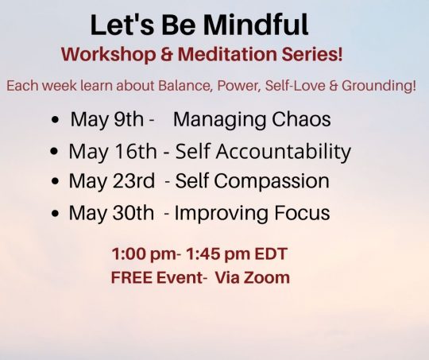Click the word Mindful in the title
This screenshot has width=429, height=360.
tap(256, 25)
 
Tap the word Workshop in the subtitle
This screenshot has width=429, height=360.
tap(109, 55)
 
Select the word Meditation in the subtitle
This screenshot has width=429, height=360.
tap(227, 54)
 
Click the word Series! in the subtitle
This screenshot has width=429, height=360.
tap(312, 54)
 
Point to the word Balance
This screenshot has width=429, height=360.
tap(185, 86)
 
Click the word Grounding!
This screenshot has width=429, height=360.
tap(379, 86)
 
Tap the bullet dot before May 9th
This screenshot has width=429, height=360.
tap(55, 120)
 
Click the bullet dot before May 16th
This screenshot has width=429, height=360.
tap(55, 152)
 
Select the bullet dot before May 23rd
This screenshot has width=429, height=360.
tap(55, 181)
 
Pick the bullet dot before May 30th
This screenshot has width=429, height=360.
tap(55, 213)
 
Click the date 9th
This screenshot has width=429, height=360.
tap(129, 119)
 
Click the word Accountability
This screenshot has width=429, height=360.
tap(283, 152)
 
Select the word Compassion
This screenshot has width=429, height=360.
tap(272, 181)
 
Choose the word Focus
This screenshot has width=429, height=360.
tap(302, 213)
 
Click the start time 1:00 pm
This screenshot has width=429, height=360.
tap(144, 254)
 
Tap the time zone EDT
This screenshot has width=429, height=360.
tap(271, 254)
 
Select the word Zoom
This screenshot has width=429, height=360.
tap(266, 277)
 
